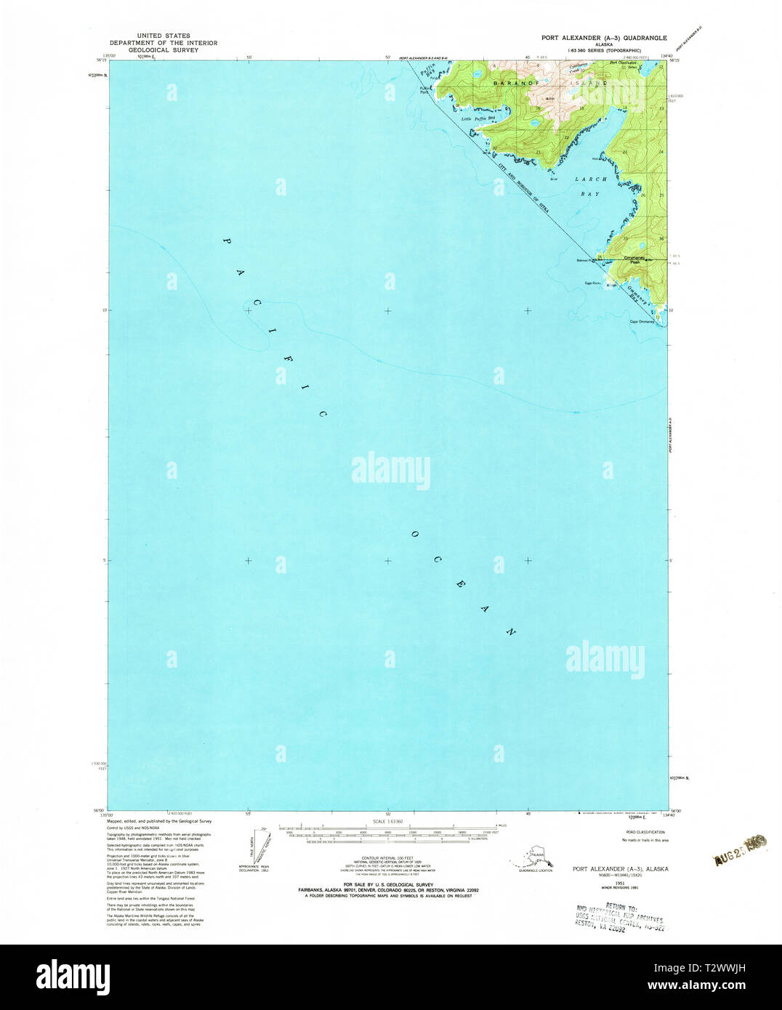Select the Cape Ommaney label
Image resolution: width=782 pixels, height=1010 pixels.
642,322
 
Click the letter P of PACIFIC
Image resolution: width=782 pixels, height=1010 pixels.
225,241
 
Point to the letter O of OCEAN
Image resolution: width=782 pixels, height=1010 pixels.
414,535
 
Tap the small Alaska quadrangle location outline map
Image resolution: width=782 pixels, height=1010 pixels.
535,858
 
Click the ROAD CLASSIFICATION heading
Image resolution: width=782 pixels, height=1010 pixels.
643,832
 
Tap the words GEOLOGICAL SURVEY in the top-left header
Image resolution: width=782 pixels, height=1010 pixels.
164,51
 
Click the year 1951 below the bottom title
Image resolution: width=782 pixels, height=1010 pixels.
620,878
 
